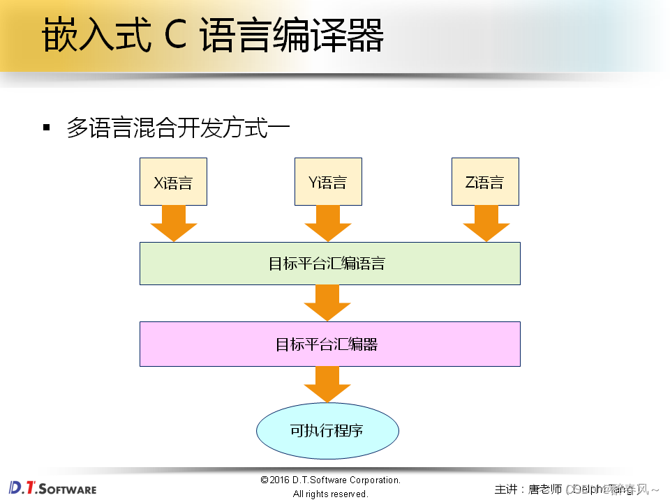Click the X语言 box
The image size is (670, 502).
tap(173, 182)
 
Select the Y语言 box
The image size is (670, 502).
tap(328, 182)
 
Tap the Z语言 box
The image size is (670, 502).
tap(485, 182)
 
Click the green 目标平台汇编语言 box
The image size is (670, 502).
tap(329, 264)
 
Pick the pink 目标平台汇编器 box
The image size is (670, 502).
tap(329, 344)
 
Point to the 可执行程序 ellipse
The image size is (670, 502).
tap(327, 430)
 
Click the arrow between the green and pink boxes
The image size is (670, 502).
tap(327, 303)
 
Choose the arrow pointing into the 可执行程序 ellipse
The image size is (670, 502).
tap(327, 384)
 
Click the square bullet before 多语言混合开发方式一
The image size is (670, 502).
tap(47, 127)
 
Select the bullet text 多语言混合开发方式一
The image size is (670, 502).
tap(178, 128)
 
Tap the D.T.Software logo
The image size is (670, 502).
tap(53, 487)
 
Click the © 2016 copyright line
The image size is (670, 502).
tap(330, 480)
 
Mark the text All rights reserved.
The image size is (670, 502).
tap(330, 494)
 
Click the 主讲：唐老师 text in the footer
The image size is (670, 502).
tap(527, 489)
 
